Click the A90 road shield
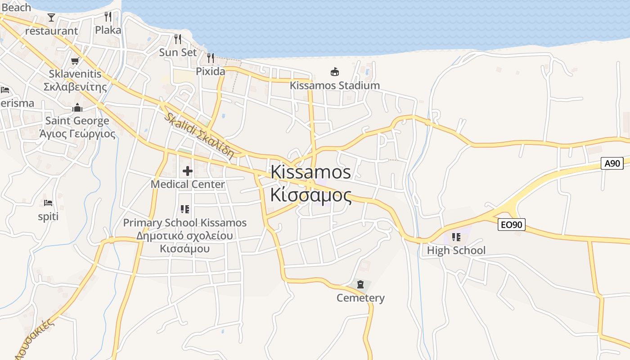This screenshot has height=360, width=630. point(612,163)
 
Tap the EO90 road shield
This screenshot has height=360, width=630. point(512,224)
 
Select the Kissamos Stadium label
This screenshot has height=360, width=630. point(334,85)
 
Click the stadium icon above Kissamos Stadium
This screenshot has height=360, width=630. point(334,72)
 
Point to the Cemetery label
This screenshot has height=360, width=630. point(360,298)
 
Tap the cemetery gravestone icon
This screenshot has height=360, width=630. point(360,284)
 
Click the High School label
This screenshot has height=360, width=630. point(456,250)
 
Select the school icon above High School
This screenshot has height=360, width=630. point(456,237)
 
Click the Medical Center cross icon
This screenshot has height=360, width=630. point(188,171)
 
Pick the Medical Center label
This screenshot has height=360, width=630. point(188,184)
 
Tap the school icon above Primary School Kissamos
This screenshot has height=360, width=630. point(185,209)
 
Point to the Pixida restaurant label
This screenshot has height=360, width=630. point(210,71)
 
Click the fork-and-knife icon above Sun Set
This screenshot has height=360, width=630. point(178,39)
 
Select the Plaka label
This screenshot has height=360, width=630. point(108,30)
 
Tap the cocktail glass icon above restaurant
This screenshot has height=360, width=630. point(51,18)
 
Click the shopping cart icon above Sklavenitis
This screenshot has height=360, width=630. point(75,61)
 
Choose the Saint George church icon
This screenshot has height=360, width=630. point(77,108)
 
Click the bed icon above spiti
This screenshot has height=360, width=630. point(48,203)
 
